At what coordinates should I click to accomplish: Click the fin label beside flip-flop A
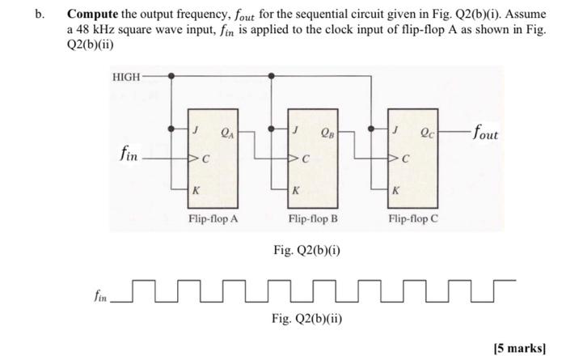point(126,153)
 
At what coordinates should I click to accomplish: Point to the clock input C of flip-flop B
point(305,159)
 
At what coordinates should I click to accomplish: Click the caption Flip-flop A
point(213,218)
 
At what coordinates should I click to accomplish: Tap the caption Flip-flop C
point(412,218)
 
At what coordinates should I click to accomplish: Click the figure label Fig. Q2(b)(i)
point(306,250)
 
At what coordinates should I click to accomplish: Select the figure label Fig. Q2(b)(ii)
point(306,317)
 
